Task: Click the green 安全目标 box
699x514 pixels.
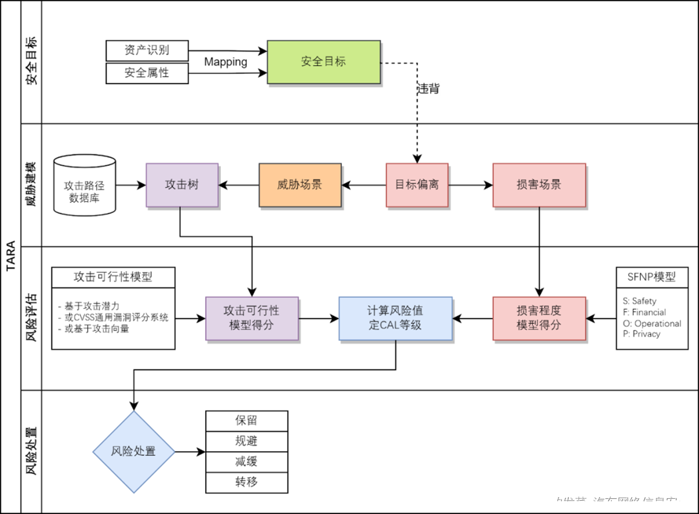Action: (x=323, y=62)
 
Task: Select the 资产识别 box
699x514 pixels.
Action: (x=147, y=51)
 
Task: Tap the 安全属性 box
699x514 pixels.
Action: (x=147, y=73)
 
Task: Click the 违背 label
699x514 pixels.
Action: (x=428, y=89)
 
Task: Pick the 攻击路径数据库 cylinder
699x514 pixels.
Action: (x=85, y=186)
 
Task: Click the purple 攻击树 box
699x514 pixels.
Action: (x=182, y=185)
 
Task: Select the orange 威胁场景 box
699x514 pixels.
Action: (x=300, y=185)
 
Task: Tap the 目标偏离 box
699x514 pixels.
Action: (x=417, y=185)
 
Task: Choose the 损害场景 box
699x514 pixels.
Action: (x=539, y=185)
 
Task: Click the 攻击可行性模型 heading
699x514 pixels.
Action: (x=113, y=277)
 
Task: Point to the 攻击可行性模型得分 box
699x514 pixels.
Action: (x=252, y=318)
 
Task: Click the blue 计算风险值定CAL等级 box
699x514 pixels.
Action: (x=395, y=318)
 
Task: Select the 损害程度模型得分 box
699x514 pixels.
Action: (x=539, y=318)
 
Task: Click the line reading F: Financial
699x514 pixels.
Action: (x=645, y=312)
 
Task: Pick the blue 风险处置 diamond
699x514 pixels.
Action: (x=134, y=452)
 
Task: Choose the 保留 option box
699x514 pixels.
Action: (x=246, y=421)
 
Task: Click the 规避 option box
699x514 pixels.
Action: (x=246, y=441)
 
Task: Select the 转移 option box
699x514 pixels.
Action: (x=246, y=483)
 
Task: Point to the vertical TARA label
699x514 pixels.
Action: (x=10, y=257)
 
